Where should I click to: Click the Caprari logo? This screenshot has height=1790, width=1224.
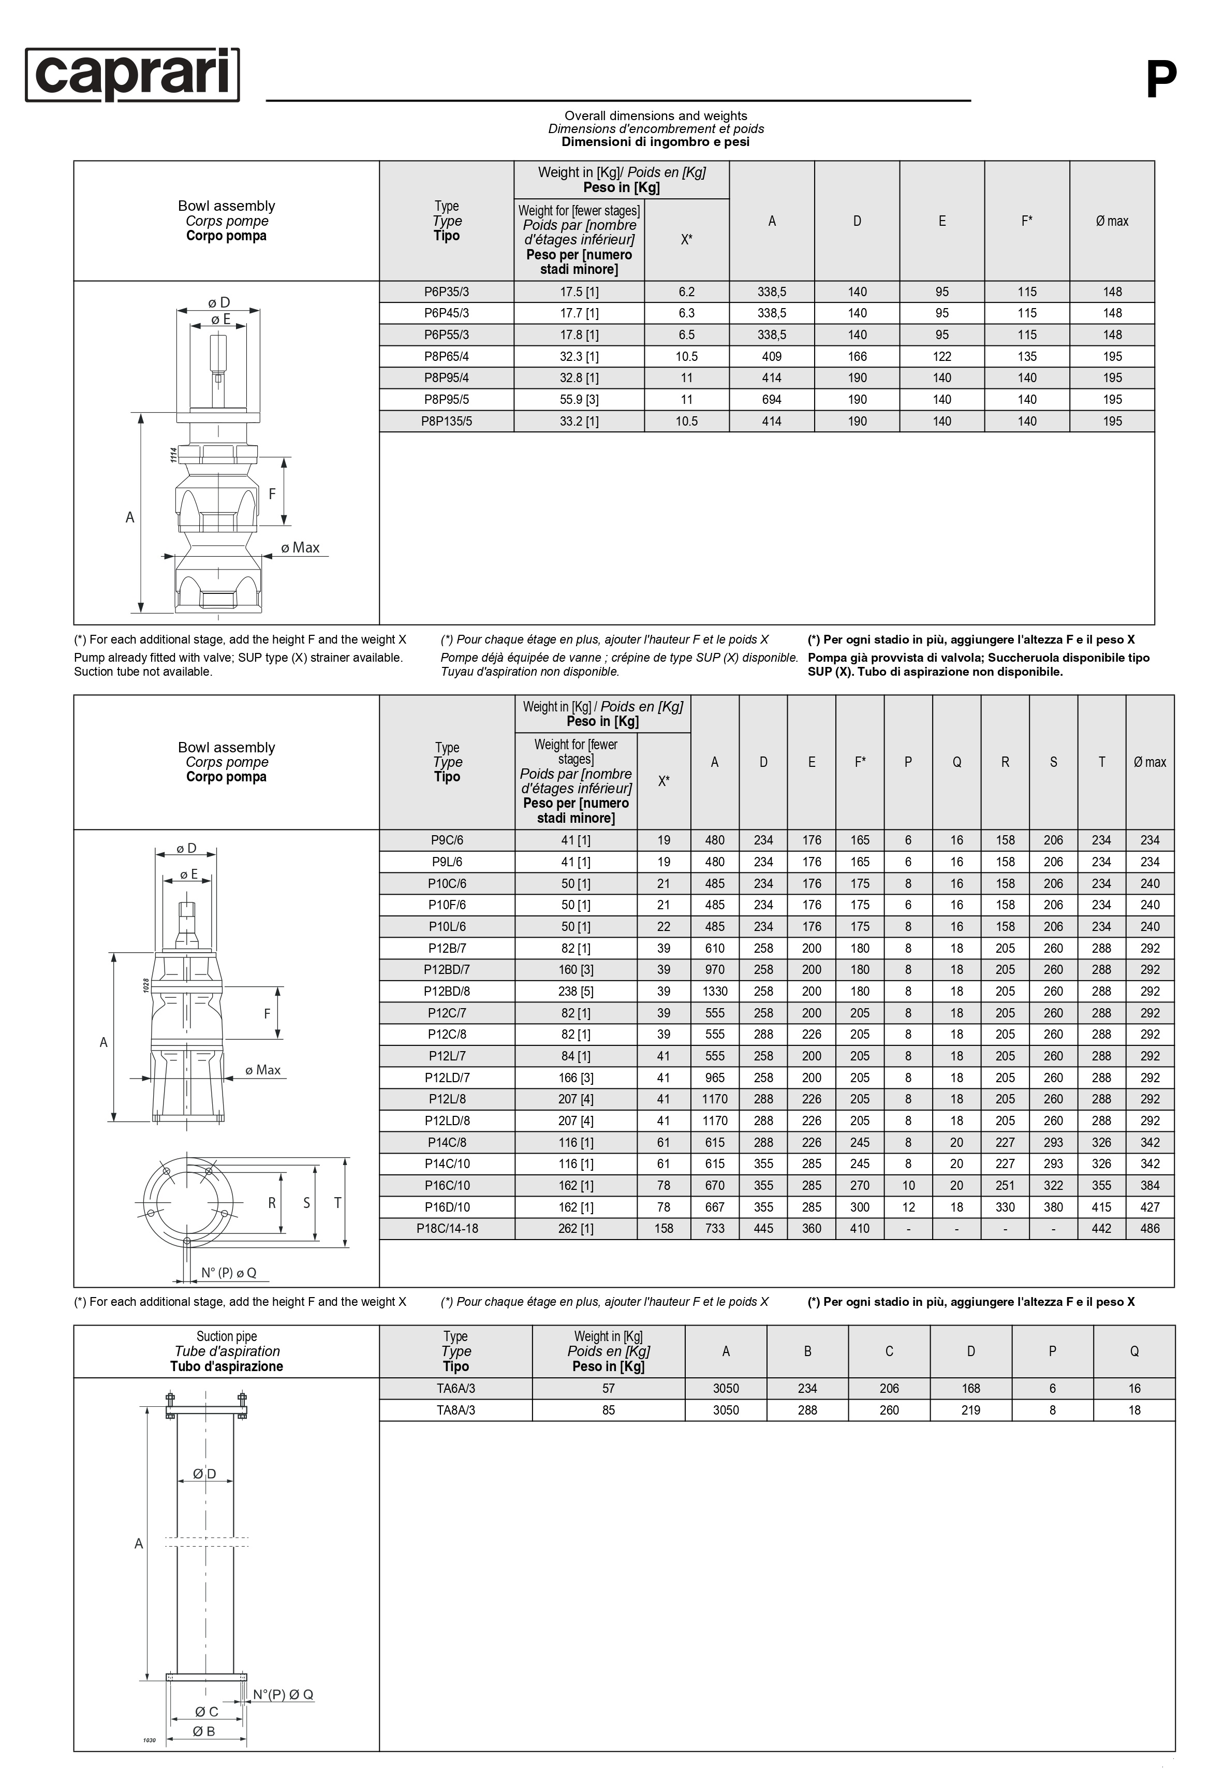point(132,75)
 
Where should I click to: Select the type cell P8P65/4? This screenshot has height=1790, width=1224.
point(447,357)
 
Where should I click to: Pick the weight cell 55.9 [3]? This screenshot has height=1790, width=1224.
point(579,400)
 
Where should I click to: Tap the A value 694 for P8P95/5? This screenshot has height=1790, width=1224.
point(771,400)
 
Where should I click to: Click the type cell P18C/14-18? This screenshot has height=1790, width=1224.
point(447,1229)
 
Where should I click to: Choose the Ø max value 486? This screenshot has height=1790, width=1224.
point(1149,1229)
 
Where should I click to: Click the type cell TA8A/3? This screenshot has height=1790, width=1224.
point(456,1410)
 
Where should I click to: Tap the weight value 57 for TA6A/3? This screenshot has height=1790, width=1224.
point(608,1389)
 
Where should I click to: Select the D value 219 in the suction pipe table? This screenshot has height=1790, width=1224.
point(971,1410)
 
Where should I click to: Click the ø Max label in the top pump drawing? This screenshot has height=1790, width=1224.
point(300,548)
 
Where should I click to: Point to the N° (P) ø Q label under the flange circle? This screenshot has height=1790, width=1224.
point(229,1273)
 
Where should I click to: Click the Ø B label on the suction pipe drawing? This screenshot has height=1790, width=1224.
point(204,1731)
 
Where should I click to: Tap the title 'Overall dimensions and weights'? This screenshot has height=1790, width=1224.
point(656,115)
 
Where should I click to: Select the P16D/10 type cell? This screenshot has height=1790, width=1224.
point(447,1207)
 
